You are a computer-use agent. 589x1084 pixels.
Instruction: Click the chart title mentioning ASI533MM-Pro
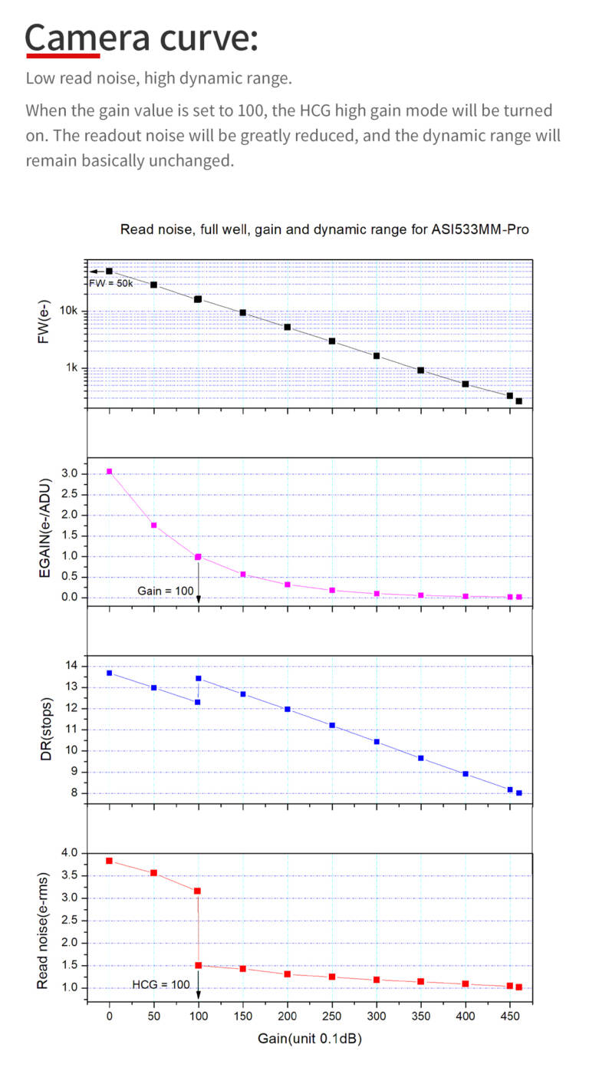coord(324,229)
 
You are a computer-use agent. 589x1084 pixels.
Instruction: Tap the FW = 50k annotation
coord(111,283)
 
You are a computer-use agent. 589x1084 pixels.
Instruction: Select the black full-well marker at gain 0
coord(109,271)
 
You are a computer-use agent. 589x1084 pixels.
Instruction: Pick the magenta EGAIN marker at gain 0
coord(109,471)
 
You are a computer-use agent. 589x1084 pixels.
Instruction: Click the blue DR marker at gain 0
coord(109,673)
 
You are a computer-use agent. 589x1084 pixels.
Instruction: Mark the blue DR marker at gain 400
coord(465,773)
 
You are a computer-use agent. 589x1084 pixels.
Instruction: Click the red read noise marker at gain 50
coord(153,873)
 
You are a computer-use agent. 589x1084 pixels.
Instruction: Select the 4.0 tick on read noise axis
coord(70,853)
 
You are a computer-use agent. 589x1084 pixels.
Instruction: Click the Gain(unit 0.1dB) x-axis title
coord(309,1039)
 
